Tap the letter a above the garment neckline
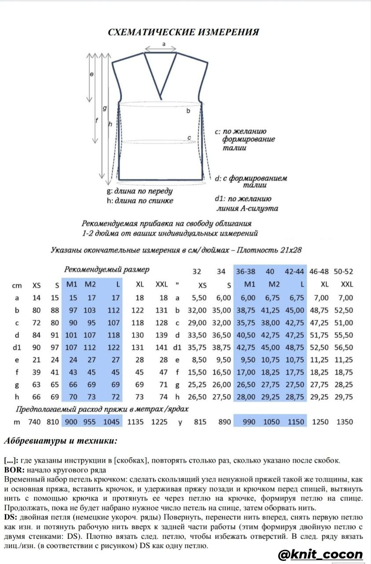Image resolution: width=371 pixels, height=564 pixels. (163, 44)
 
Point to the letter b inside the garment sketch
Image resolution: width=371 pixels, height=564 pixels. (188, 111)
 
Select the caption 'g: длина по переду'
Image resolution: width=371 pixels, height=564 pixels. (140, 192)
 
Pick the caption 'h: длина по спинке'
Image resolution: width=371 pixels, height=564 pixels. (140, 201)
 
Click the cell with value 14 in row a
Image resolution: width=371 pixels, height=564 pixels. (37, 298)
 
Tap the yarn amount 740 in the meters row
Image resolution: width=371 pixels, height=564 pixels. (34, 422)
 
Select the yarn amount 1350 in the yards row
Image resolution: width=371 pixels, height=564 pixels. (344, 422)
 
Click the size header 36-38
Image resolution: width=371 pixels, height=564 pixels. (246, 271)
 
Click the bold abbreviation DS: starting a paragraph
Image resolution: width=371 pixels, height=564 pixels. (11, 517)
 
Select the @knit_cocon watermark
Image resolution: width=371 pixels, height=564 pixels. (320, 554)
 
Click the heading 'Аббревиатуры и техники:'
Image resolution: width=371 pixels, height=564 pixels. (60, 441)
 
